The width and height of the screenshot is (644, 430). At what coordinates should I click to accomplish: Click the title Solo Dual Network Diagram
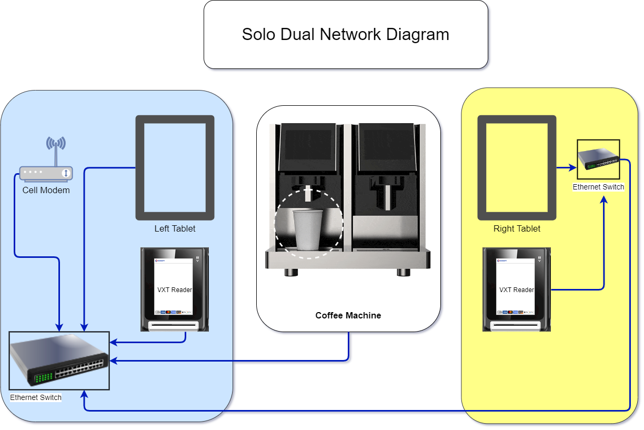345,35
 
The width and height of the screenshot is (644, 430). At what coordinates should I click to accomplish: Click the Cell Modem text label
46,190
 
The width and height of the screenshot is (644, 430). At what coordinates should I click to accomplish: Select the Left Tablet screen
175,167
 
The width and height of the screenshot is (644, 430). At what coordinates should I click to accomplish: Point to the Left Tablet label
175,228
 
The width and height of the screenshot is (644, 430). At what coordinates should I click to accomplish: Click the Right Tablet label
517,228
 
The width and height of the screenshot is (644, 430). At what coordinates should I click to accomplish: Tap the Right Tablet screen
517,167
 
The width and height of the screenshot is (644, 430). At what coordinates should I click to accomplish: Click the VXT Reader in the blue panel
175,289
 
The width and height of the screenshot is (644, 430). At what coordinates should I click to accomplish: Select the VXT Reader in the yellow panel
517,289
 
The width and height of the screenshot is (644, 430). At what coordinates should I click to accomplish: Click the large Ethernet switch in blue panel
59,361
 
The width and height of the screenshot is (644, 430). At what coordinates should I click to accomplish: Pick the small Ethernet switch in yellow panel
598,159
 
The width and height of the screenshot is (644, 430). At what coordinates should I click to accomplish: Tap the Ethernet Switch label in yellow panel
598,187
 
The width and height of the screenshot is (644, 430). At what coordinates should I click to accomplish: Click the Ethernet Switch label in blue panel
36,397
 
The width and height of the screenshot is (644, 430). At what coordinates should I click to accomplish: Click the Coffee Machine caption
348,316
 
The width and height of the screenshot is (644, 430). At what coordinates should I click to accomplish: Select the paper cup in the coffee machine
308,229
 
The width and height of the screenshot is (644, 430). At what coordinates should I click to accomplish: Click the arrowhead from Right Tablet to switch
573,168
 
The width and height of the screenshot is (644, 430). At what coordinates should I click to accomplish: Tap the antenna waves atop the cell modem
56,143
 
